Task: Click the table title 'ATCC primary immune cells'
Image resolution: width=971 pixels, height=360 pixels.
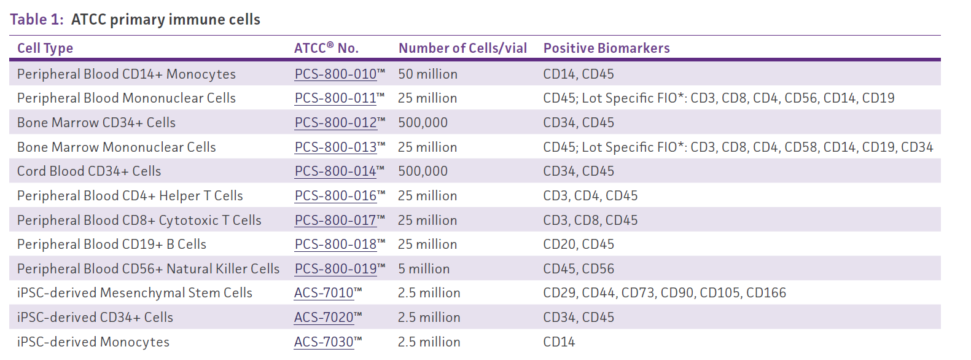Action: (165, 20)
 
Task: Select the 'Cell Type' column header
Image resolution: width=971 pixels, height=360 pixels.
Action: (45, 49)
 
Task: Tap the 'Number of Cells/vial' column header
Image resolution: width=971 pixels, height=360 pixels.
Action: (462, 49)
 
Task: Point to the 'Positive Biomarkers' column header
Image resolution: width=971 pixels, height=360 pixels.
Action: (606, 49)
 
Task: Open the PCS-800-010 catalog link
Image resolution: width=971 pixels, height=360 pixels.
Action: (335, 74)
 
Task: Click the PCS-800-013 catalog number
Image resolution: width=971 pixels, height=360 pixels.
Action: (335, 147)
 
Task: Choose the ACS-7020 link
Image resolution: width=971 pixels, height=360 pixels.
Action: (324, 318)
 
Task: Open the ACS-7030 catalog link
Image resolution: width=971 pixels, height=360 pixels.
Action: (324, 342)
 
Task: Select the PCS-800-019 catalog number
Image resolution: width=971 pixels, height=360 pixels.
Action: (335, 269)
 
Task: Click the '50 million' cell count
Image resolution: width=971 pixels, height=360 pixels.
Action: (427, 74)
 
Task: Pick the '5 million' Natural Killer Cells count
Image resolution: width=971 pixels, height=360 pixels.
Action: (424, 269)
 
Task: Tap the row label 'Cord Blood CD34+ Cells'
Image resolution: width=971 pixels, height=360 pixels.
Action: (89, 171)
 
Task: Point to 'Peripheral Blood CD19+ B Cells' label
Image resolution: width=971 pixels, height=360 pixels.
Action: (112, 245)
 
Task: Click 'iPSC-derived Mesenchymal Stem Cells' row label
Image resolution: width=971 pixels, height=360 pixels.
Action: (135, 293)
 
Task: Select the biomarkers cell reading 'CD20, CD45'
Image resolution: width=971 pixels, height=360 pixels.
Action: (579, 245)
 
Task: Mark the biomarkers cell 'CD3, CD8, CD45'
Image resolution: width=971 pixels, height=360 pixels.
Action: (590, 221)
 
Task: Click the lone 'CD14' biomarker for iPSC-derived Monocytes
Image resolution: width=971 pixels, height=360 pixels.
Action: (559, 342)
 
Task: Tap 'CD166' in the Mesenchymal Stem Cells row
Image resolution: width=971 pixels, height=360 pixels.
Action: (766, 293)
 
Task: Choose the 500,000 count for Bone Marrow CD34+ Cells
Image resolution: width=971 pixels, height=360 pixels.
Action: (423, 123)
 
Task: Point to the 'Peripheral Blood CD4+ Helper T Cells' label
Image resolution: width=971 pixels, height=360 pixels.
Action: (130, 196)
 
